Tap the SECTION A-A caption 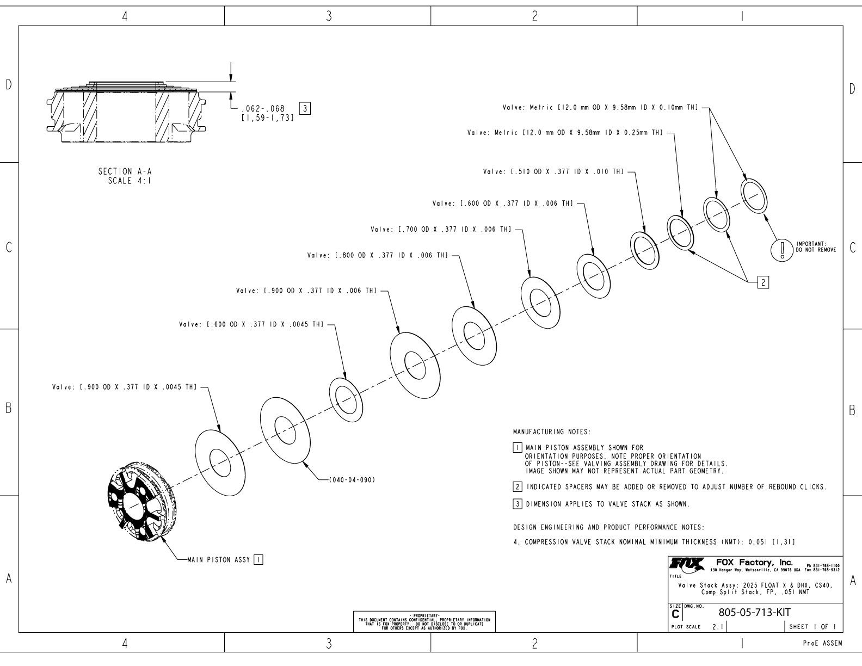pos(125,171)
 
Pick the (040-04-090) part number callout pos(352,480)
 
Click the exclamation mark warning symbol pos(783,250)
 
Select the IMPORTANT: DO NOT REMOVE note pos(816,247)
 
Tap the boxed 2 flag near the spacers pos(763,282)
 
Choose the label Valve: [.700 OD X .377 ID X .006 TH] pos(441,230)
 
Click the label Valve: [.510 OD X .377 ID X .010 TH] pos(553,172)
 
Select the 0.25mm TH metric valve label pos(565,133)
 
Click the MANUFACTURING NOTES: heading pos(551,432)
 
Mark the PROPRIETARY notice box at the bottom pos(424,621)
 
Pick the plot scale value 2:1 pos(718,627)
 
